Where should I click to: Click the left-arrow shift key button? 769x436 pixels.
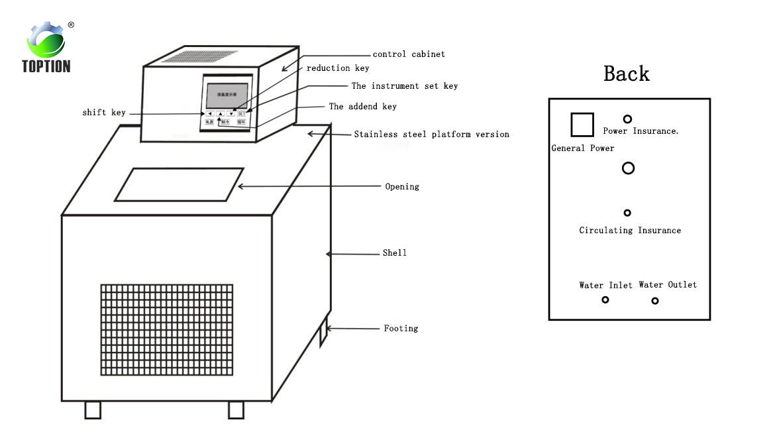pyautogui.click(x=209, y=113)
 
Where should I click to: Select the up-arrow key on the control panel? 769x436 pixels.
pyautogui.click(x=220, y=113)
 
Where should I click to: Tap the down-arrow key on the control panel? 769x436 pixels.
pyautogui.click(x=231, y=113)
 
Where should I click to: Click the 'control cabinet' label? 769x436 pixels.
pyautogui.click(x=409, y=54)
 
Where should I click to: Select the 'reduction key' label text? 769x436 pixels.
pyautogui.click(x=338, y=68)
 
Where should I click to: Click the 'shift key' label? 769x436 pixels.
pyautogui.click(x=104, y=113)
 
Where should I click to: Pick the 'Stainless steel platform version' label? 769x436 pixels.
pyautogui.click(x=431, y=135)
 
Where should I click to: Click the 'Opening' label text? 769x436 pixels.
pyautogui.click(x=402, y=187)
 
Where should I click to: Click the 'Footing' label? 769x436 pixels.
pyautogui.click(x=401, y=329)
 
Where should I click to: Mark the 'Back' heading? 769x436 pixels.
pyautogui.click(x=626, y=74)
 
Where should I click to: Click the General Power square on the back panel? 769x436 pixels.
pyautogui.click(x=582, y=125)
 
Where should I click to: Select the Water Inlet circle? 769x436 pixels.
pyautogui.click(x=605, y=300)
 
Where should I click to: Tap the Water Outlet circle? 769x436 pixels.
pyautogui.click(x=655, y=301)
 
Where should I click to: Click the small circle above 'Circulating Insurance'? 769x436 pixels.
pyautogui.click(x=627, y=213)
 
